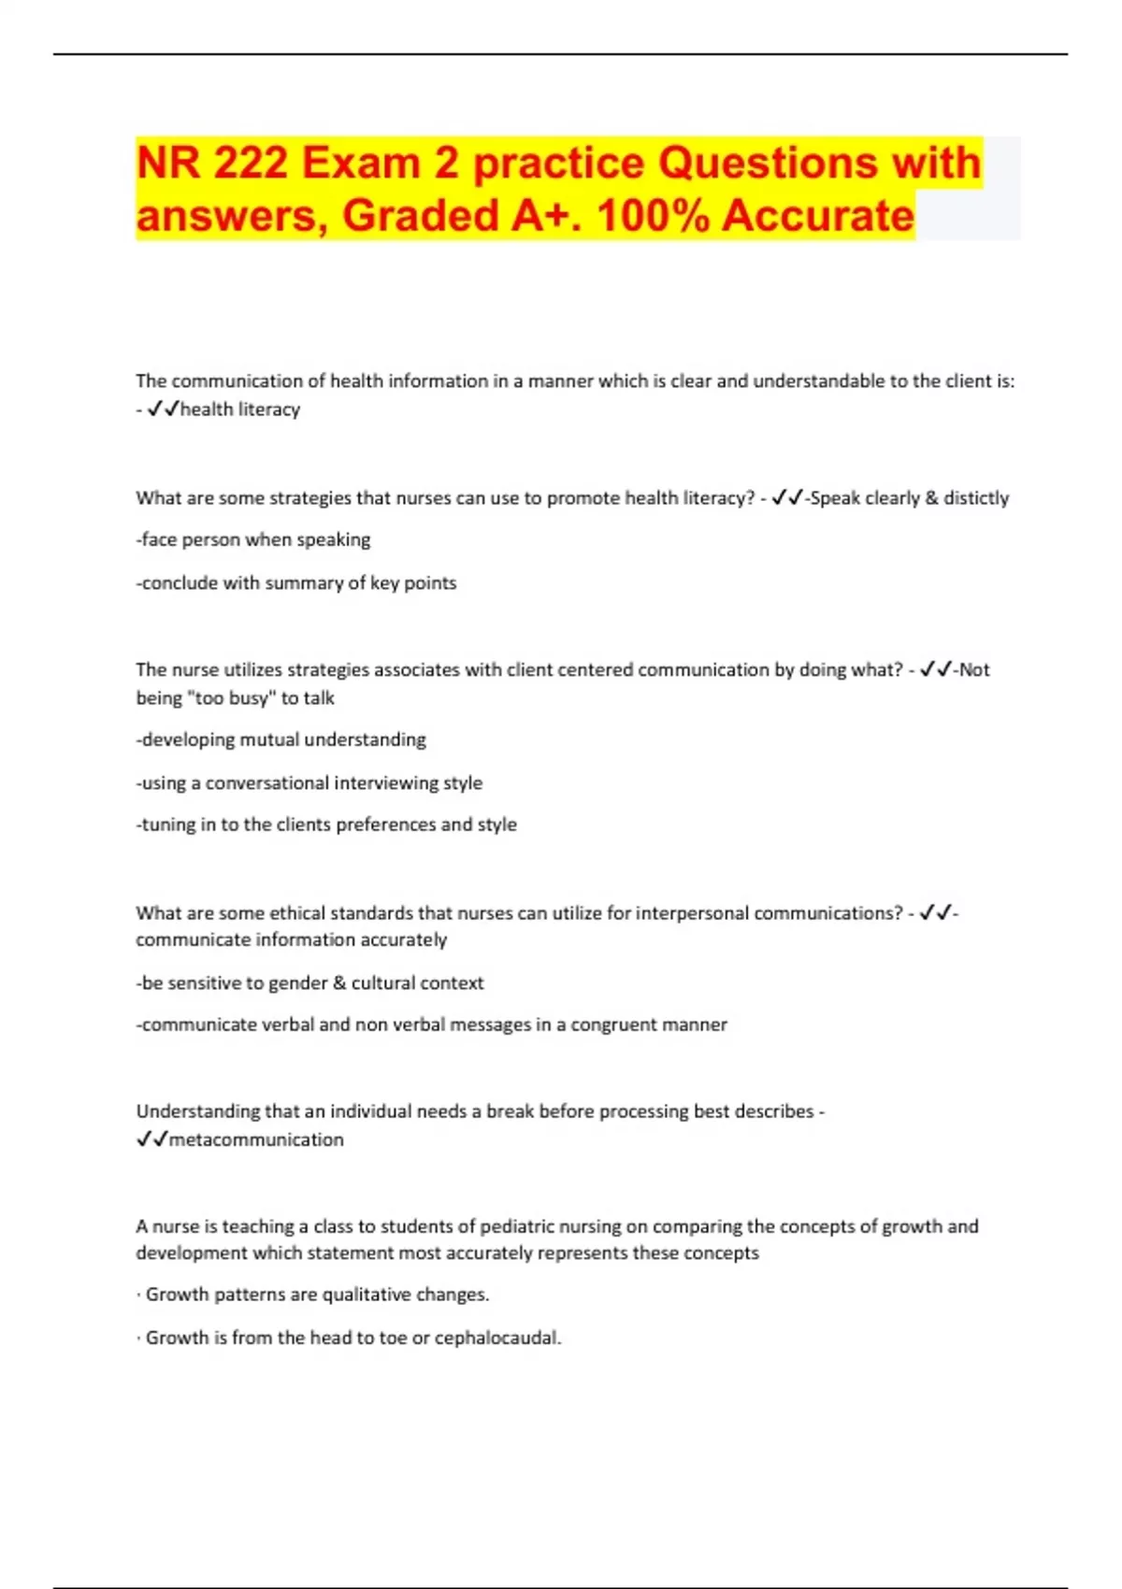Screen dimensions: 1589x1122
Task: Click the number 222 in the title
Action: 250,163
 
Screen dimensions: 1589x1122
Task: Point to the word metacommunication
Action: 256,1139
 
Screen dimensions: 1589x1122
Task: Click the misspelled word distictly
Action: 976,498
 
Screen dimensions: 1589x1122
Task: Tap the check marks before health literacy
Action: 163,409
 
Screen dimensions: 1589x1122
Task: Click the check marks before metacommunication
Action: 151,1139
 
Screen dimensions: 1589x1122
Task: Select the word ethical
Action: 295,913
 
